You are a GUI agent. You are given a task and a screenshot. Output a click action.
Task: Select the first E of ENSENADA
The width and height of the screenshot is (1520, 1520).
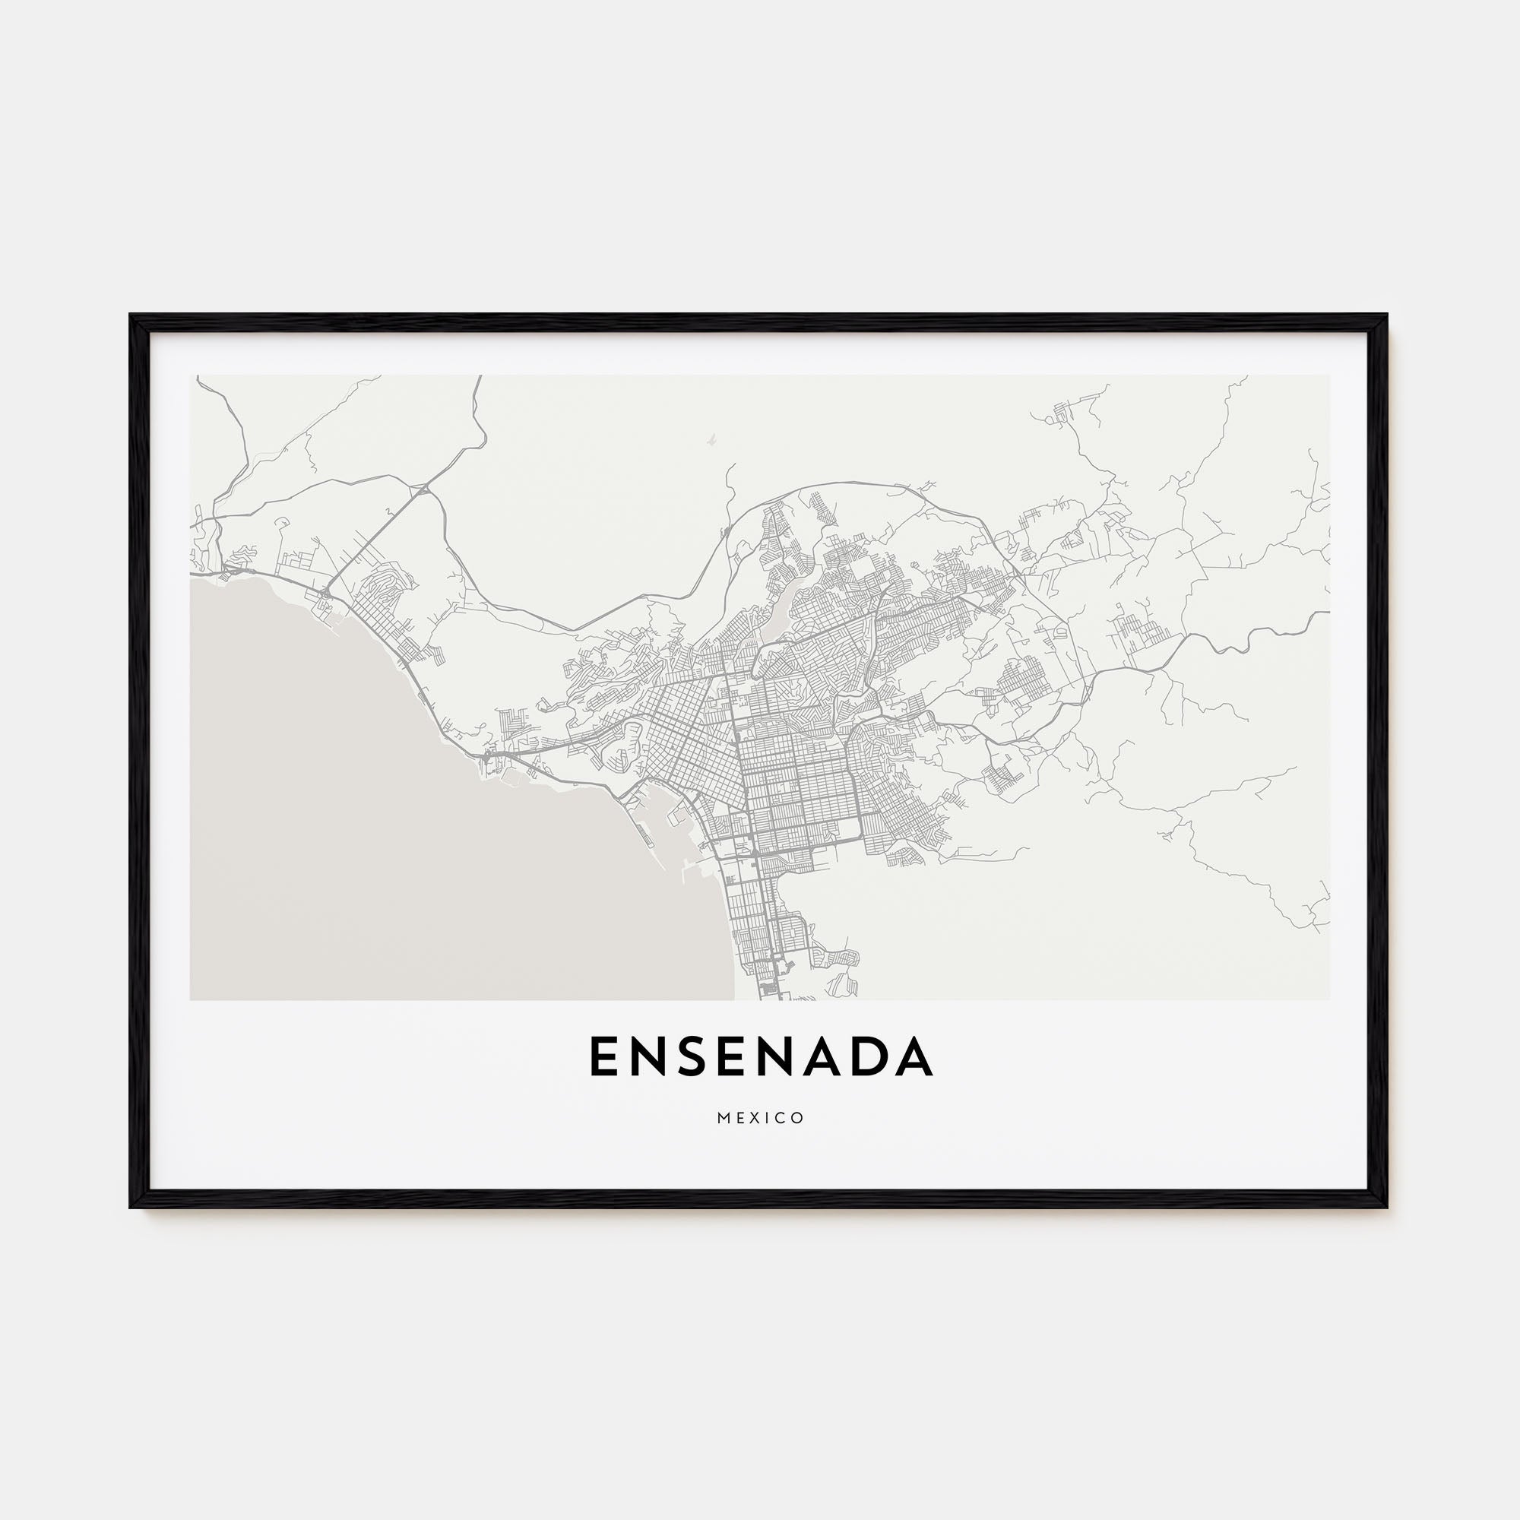click(603, 1056)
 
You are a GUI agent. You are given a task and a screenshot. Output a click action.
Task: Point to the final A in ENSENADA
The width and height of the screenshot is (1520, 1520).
click(915, 1056)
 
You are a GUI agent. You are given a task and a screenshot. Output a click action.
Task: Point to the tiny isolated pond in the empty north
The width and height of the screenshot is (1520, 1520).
click(710, 442)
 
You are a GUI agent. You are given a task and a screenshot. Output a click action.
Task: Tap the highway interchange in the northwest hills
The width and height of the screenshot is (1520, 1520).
click(423, 489)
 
